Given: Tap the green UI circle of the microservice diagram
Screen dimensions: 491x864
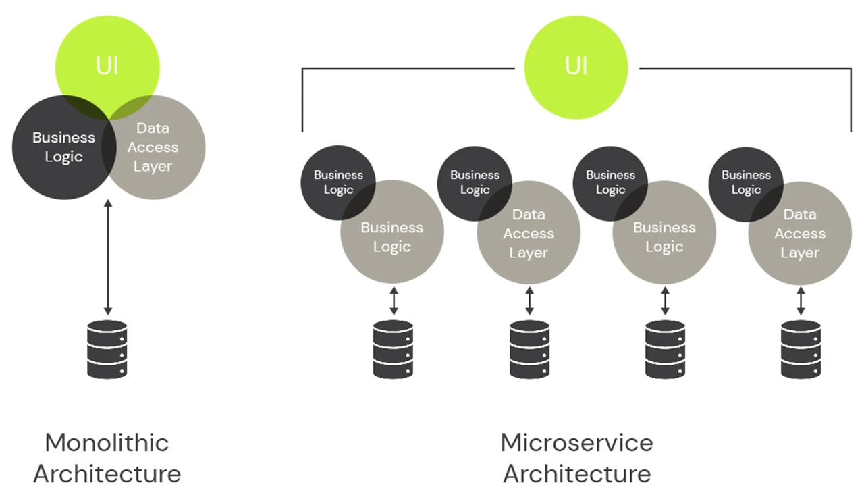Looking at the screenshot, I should click(x=576, y=66).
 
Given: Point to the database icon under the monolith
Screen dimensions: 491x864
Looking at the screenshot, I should click(x=107, y=348).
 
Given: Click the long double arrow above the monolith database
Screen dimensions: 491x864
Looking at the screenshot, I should click(x=107, y=257).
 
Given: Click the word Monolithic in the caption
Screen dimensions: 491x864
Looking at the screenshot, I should click(x=107, y=443).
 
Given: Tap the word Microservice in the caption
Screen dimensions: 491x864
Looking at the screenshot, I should click(x=576, y=443).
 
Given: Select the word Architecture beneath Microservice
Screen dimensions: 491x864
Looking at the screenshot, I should click(x=576, y=473).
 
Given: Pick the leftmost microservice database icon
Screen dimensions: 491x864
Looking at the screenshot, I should click(x=393, y=348).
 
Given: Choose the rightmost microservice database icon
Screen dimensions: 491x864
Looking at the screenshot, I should click(x=801, y=348).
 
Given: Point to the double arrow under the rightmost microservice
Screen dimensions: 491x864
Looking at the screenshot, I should click(x=801, y=301).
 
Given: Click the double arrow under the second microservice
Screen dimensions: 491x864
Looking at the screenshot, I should click(x=529, y=301).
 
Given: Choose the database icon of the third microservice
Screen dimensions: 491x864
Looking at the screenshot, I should click(x=665, y=348).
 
